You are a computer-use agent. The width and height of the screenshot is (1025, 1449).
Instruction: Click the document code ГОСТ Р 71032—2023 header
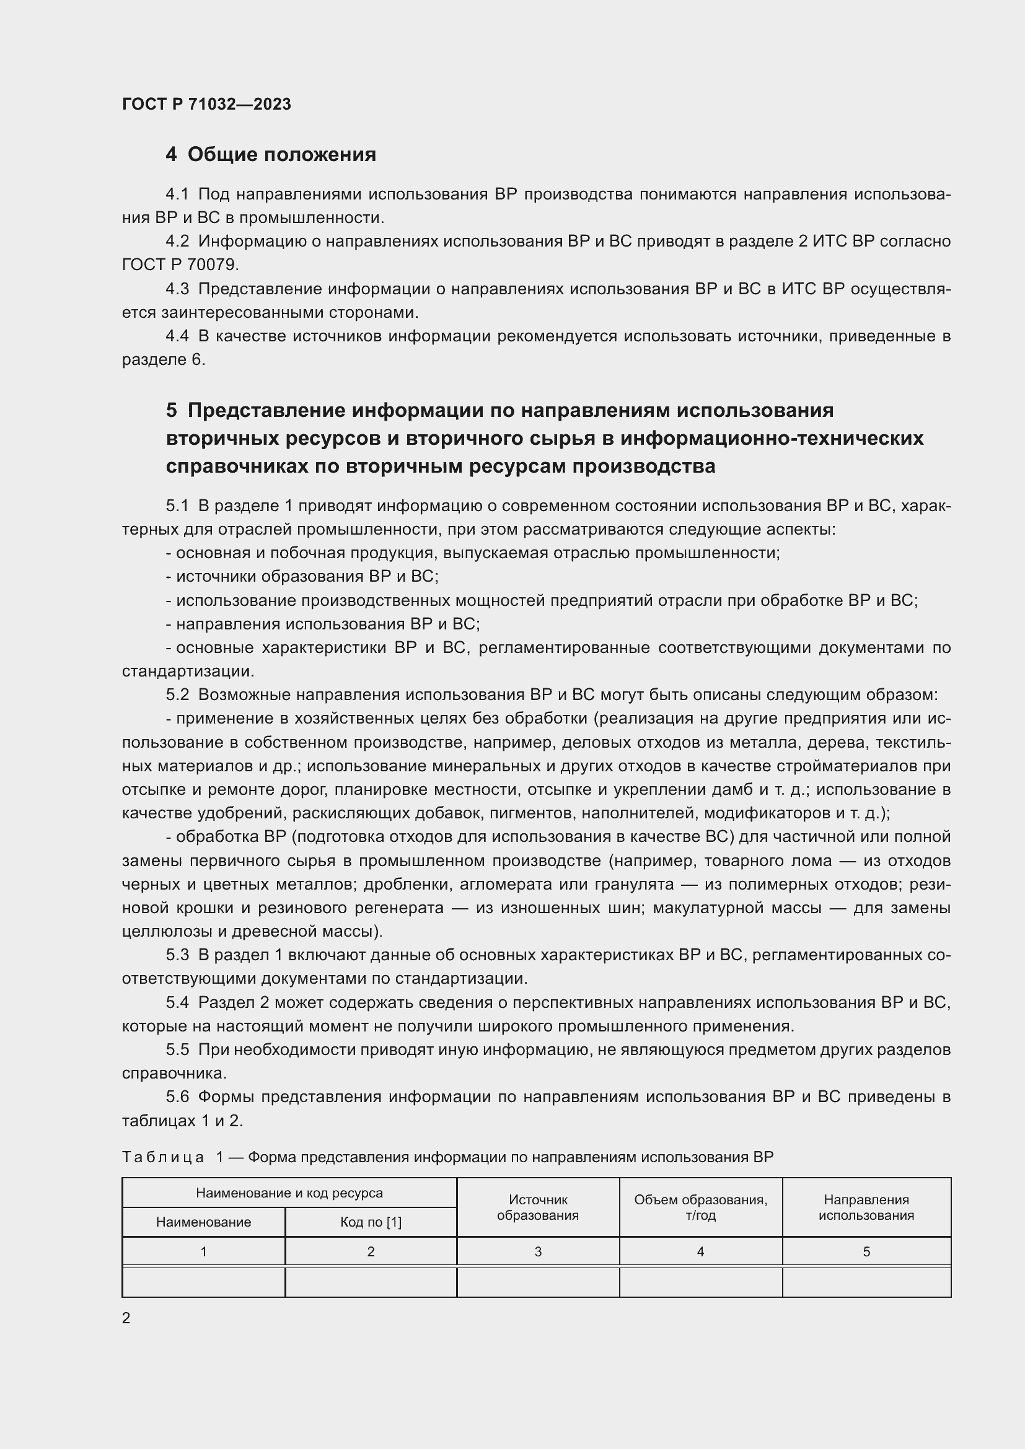pos(206,104)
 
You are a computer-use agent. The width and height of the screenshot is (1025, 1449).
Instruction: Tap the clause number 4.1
pos(177,195)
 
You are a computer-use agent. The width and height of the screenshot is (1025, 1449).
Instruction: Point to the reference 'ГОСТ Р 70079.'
pos(180,265)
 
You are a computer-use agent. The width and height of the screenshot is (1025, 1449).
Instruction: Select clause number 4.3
pos(177,289)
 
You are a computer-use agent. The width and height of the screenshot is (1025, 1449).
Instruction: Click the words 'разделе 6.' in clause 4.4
pos(164,360)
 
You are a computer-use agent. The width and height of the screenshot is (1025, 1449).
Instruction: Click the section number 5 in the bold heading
pos(172,411)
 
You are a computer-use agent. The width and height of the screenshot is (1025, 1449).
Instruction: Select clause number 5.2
pos(177,695)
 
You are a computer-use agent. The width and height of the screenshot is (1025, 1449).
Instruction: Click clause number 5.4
pos(177,1002)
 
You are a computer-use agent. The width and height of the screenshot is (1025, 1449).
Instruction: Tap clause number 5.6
pos(177,1097)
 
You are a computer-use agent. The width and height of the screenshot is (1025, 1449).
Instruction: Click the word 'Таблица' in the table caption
pos(163,1157)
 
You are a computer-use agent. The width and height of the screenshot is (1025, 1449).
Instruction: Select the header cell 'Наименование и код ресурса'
pos(289,1193)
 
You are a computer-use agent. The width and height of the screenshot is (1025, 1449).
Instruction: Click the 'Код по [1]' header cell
pos(371,1222)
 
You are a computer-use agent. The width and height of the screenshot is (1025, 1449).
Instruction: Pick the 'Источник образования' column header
pos(538,1207)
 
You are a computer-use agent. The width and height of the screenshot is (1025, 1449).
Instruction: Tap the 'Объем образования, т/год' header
pos(701,1207)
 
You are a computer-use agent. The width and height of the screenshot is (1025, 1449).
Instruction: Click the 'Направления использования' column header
pos(866,1207)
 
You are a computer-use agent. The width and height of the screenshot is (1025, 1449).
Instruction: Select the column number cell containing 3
pos(538,1251)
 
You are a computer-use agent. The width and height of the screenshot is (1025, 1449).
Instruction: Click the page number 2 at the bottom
pos(126,1318)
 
